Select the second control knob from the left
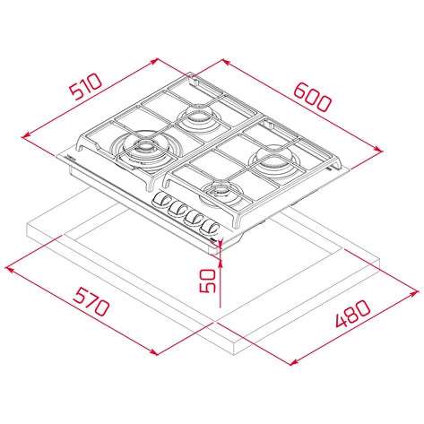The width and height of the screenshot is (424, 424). tap(179, 209)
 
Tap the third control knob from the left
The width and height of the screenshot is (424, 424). tap(195, 217)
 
